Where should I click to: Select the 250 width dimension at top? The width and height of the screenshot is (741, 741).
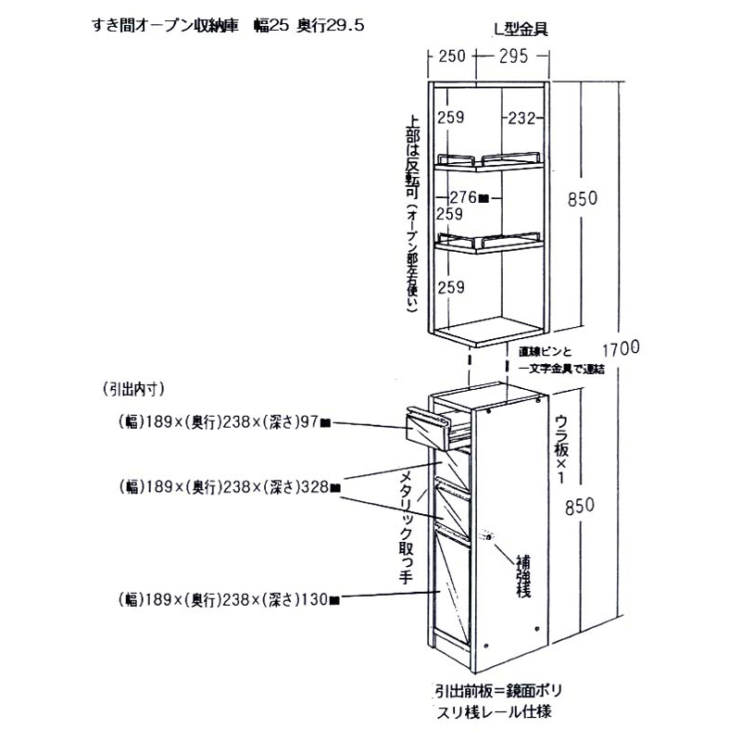coord(451,57)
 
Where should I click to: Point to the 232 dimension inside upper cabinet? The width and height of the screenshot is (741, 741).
coord(521,118)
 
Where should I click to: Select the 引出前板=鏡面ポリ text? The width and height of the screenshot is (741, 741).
coord(496,692)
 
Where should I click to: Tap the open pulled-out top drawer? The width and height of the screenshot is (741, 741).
coord(435,426)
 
